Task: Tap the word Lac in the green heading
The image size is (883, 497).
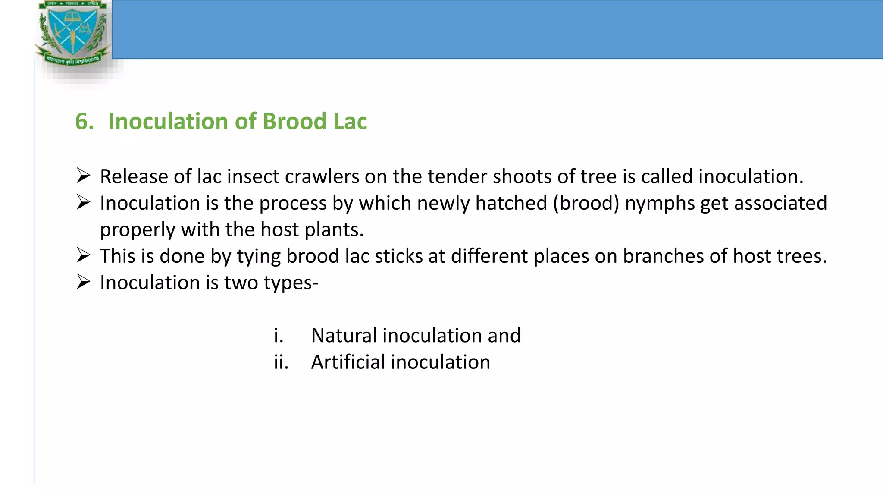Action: [350, 121]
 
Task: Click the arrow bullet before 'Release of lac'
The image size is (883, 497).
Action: [83, 176]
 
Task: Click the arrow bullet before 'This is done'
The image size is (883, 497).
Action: [83, 255]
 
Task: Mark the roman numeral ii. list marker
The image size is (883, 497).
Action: [281, 362]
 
